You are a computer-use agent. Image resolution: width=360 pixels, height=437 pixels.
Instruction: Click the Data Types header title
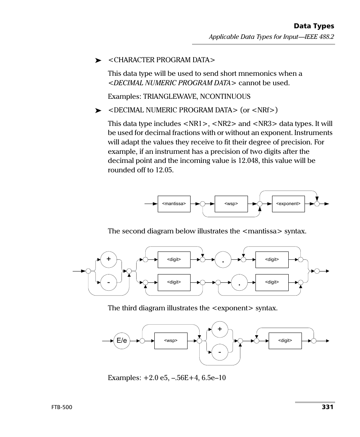pyautogui.click(x=314, y=26)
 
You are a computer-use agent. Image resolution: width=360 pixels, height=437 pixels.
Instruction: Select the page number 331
pyautogui.click(x=327, y=407)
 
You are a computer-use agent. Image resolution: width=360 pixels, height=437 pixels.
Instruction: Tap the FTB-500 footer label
pyautogui.click(x=61, y=408)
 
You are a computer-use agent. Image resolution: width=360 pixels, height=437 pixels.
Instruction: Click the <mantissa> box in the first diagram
pyautogui.click(x=174, y=204)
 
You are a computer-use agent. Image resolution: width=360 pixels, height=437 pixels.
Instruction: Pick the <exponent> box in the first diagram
pyautogui.click(x=288, y=204)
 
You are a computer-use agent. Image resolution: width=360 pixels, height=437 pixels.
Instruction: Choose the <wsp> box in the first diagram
pyautogui.click(x=231, y=204)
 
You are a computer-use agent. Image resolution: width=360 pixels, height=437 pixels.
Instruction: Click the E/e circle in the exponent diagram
pyautogui.click(x=122, y=341)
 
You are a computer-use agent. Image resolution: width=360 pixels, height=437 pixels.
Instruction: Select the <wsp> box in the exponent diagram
pyautogui.click(x=171, y=341)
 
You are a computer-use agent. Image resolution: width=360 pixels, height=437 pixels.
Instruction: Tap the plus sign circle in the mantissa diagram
pyautogui.click(x=109, y=259)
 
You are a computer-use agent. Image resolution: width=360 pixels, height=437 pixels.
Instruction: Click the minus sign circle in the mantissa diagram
pyautogui.click(x=109, y=282)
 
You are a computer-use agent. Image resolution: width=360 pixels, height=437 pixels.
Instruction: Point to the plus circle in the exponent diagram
pyautogui.click(x=220, y=330)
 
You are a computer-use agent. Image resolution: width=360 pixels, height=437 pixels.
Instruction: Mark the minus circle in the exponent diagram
pyautogui.click(x=220, y=353)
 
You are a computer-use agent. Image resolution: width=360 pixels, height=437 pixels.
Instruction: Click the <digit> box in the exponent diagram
pyautogui.click(x=285, y=341)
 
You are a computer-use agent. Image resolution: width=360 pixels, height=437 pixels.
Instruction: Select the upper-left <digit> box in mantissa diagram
pyautogui.click(x=174, y=259)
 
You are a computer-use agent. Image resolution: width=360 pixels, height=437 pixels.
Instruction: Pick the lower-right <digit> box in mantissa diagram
pyautogui.click(x=272, y=282)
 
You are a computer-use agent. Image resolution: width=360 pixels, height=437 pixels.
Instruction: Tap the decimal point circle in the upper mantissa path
pyautogui.click(x=223, y=260)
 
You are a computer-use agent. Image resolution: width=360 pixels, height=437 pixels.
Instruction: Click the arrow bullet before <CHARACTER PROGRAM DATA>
pyautogui.click(x=98, y=60)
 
